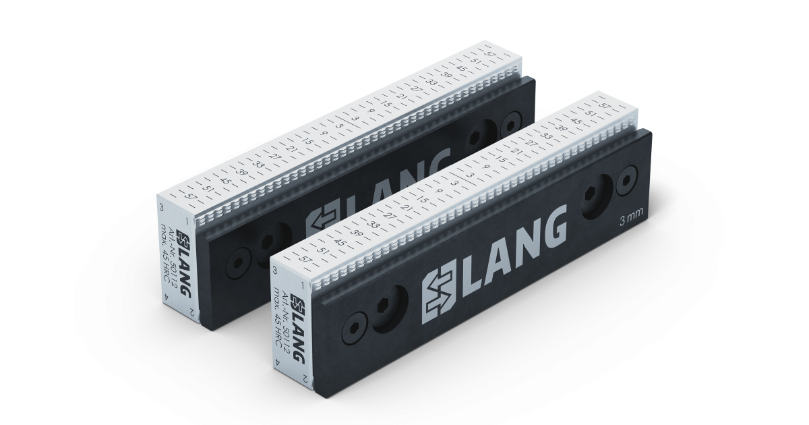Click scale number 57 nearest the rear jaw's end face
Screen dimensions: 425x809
point(193,197)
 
